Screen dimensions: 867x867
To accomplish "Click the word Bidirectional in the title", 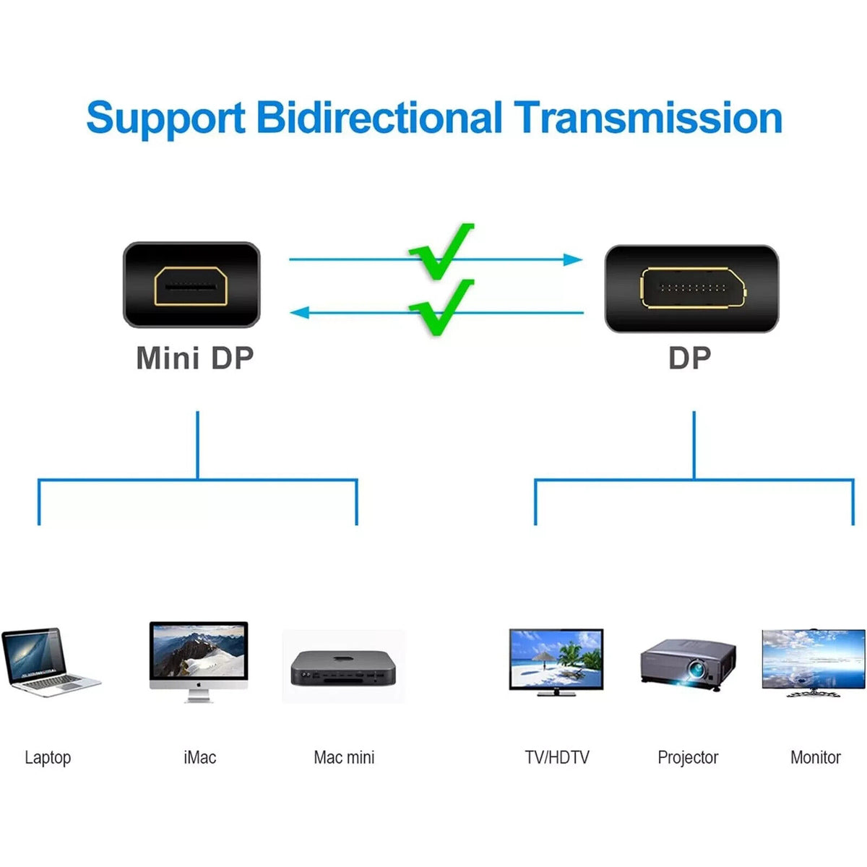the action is coord(379,118).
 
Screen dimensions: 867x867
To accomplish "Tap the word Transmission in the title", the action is coord(648,118).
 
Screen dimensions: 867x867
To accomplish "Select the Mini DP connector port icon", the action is coord(191,285).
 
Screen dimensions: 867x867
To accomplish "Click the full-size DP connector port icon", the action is coord(691,289).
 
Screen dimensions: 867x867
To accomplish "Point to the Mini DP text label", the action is coord(195,358).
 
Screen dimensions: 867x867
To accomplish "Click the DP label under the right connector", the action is coord(689,358).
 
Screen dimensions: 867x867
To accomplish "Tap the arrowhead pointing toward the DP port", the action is coord(573,259).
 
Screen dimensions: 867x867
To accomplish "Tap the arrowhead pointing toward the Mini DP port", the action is coord(300,312).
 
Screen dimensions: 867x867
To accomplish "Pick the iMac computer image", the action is coord(199,661).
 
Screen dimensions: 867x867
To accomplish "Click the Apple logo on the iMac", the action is coord(199,684).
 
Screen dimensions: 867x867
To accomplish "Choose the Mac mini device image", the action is coord(343,668).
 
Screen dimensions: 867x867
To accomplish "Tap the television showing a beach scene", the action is coord(556,662).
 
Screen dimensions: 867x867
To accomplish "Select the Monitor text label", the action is coord(815,757).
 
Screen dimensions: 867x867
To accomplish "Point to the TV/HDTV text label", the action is coord(556,757).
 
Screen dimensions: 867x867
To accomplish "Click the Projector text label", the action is coord(688,758).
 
